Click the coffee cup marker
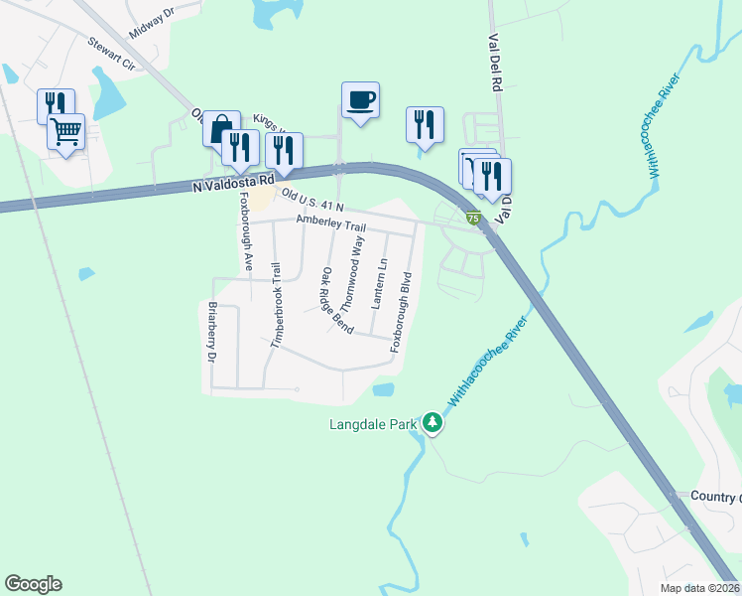click(360, 100)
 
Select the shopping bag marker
click(221, 129)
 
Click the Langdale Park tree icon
click(433, 423)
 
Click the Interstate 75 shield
click(474, 218)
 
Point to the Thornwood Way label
click(352, 273)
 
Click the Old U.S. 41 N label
click(311, 201)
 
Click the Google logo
click(34, 584)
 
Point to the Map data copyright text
click(699, 588)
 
